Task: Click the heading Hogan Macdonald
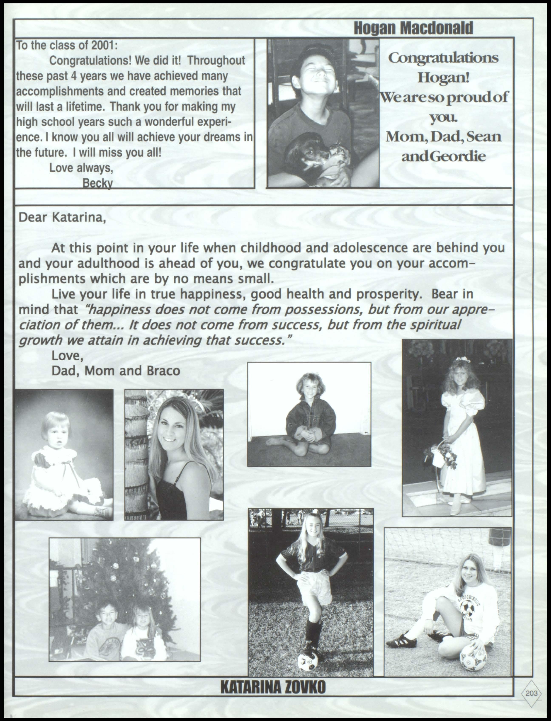414,28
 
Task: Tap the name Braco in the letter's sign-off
163,371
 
